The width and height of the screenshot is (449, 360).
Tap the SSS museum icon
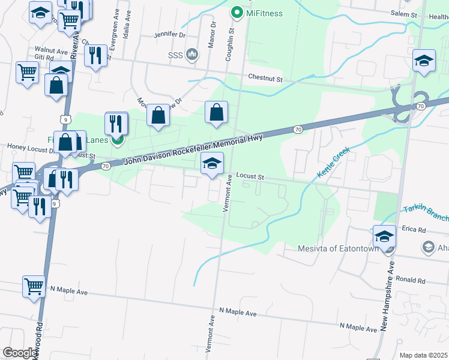pyautogui.click(x=192, y=55)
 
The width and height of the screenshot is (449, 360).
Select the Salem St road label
pyautogui.click(x=403, y=14)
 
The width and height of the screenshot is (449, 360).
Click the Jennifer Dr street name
pyautogui.click(x=170, y=35)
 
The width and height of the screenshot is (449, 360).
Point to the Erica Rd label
pyautogui.click(x=414, y=230)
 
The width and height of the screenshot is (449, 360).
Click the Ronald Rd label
pyautogui.click(x=411, y=280)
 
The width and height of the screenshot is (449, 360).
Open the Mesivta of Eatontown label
pyautogui.click(x=338, y=249)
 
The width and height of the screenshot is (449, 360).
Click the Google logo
pyautogui.click(x=20, y=353)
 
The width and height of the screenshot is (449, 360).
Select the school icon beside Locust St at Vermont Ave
pyautogui.click(x=212, y=163)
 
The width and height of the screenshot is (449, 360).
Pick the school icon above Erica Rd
pyautogui.click(x=384, y=236)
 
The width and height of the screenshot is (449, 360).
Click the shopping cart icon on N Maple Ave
pyautogui.click(x=34, y=286)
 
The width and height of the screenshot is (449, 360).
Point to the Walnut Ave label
pyautogui.click(x=51, y=50)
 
